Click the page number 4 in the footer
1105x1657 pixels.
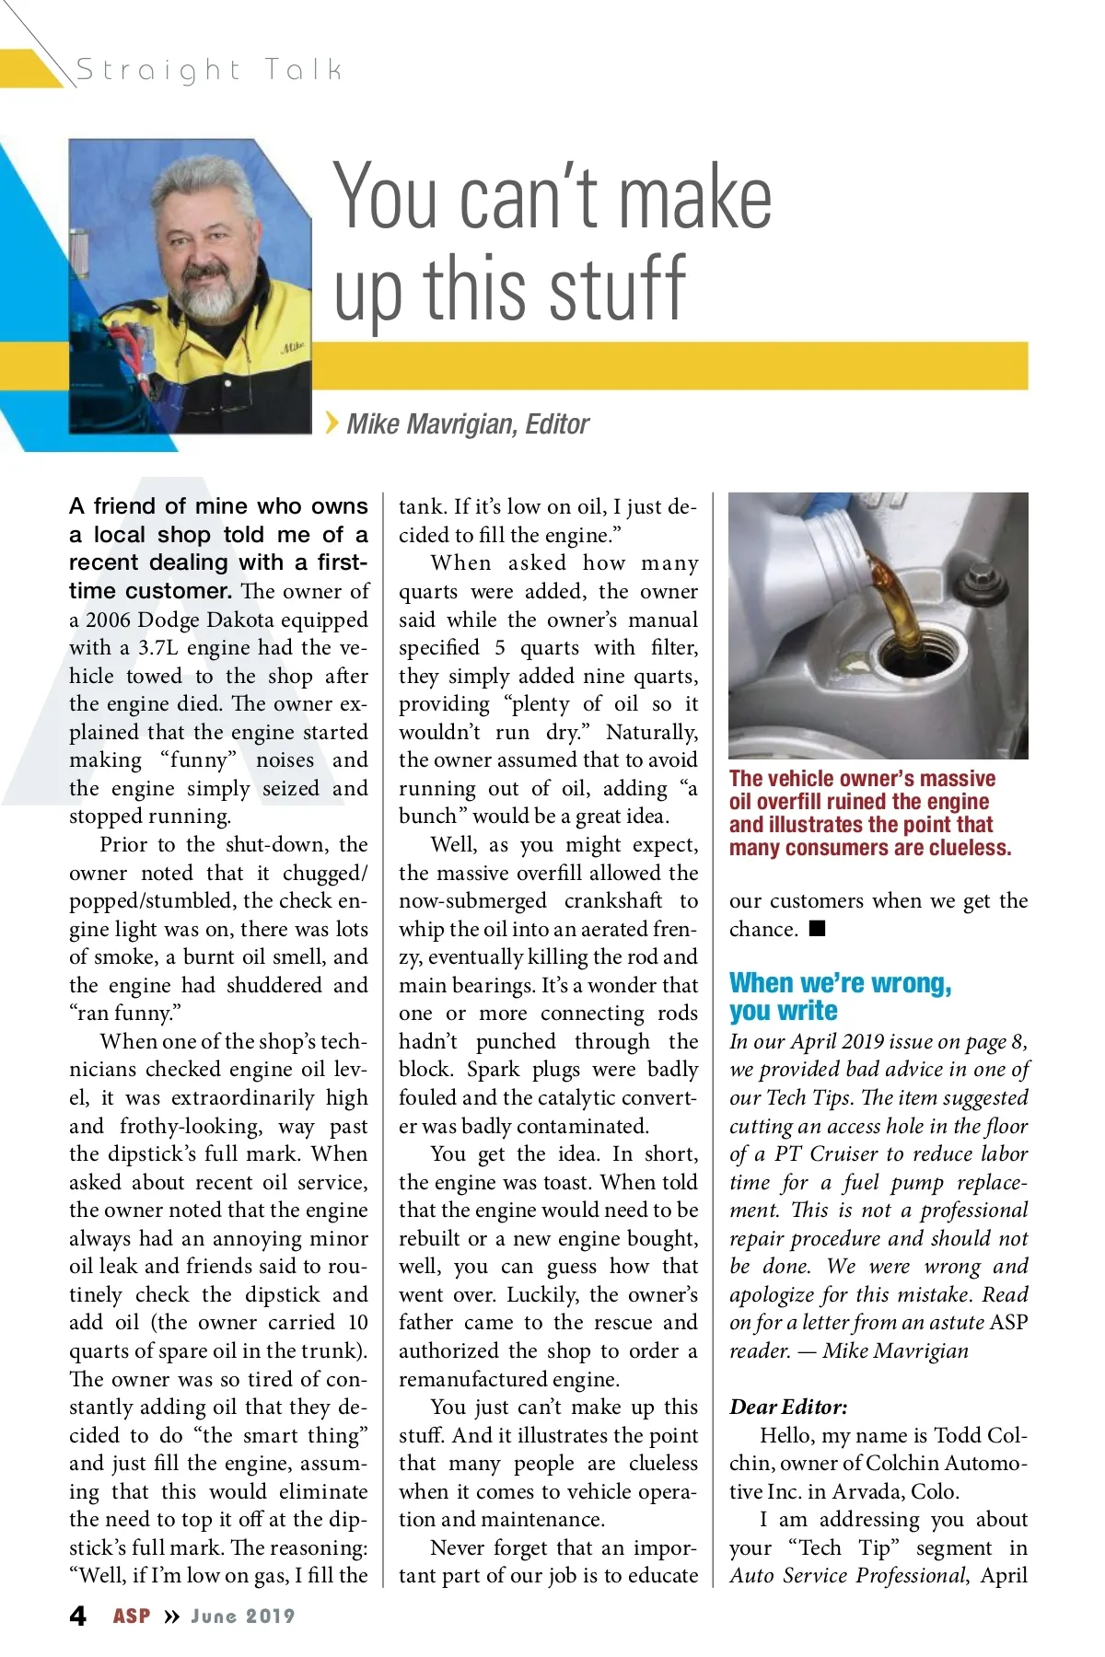pos(78,1616)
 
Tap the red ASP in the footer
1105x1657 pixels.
pos(132,1616)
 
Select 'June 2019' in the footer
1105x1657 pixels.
pos(243,1616)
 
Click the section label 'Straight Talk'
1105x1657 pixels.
pos(209,70)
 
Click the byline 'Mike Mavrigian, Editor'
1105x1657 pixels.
pos(468,424)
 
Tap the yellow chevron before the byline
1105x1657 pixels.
pos(331,423)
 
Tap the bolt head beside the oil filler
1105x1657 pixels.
pos(982,582)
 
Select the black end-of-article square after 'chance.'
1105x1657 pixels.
pos(817,928)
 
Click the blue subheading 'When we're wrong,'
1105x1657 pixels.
pos(840,983)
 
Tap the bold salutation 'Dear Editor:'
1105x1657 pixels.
pos(788,1408)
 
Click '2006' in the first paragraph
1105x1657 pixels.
pos(108,620)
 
